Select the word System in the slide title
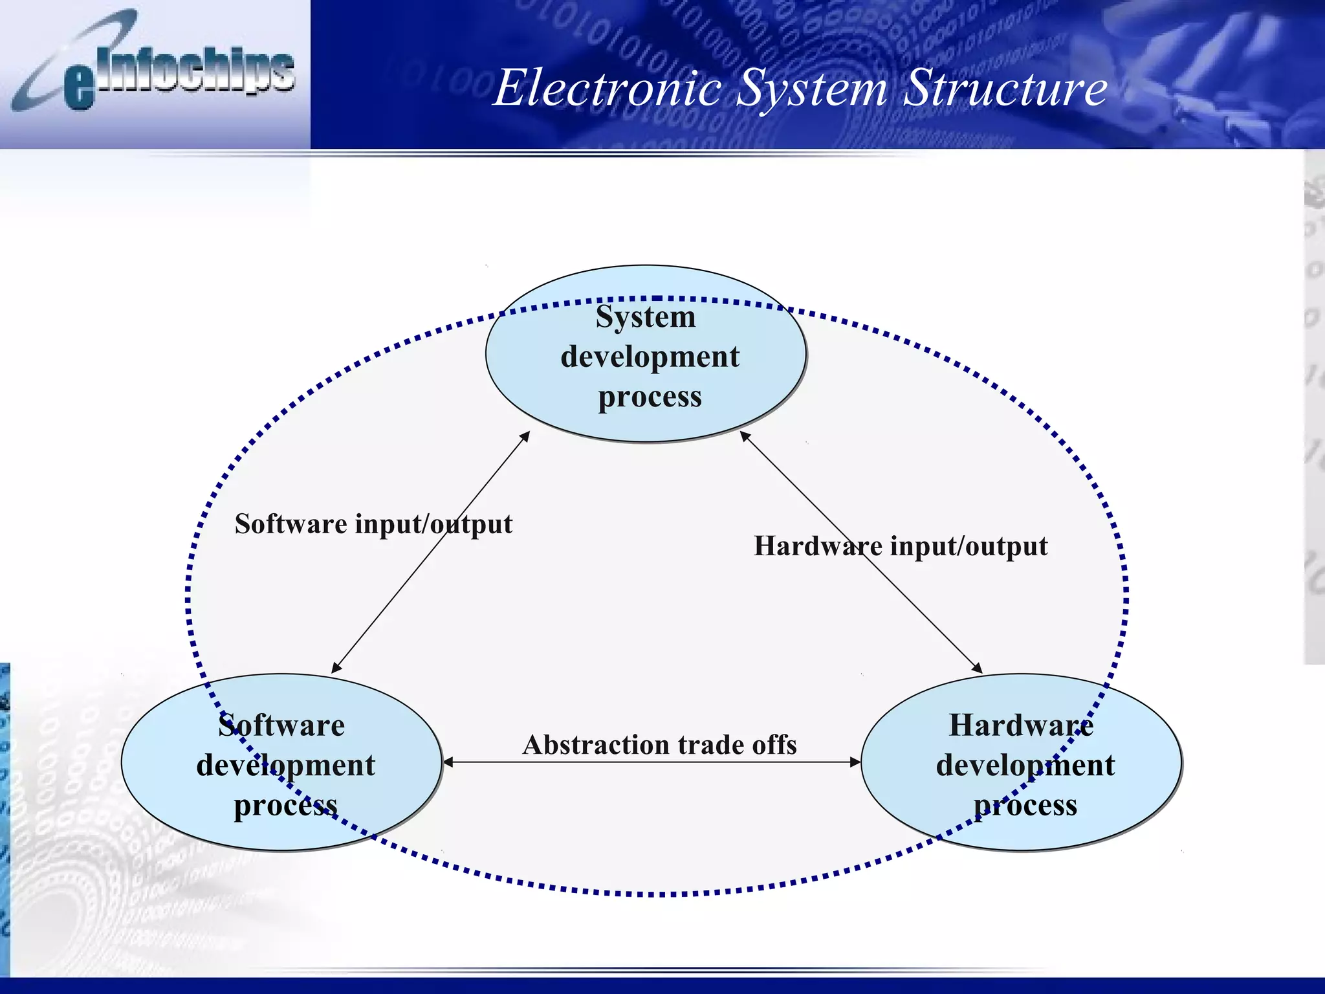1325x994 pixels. tap(812, 89)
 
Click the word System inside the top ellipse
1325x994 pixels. tap(646, 317)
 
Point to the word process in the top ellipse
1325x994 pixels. tap(650, 397)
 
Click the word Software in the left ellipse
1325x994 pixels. tap(281, 725)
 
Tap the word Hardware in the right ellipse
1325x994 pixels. tap(1021, 725)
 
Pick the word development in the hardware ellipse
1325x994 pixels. tap(1025, 766)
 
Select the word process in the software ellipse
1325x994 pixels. tap(285, 806)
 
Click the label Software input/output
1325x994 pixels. tap(373, 524)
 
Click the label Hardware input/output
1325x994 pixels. tap(901, 546)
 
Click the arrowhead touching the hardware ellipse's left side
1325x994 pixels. tap(855, 762)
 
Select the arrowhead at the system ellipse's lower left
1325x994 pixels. tap(526, 436)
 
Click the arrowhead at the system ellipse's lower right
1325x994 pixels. tap(745, 436)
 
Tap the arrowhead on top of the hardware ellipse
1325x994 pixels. tap(978, 668)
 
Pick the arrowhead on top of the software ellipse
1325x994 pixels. tap(336, 668)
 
